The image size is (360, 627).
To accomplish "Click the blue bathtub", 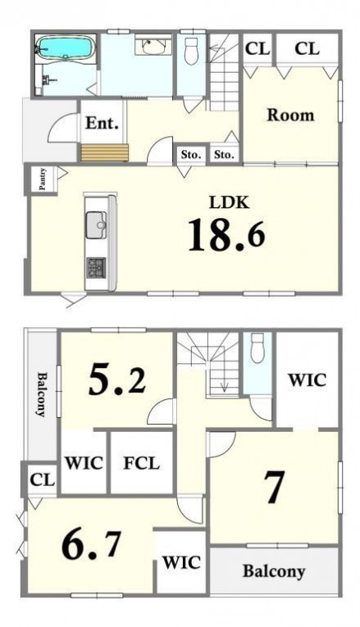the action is tap(66, 48).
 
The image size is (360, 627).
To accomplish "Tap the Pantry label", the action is tap(43, 179).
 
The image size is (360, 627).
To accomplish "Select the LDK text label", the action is tap(229, 202).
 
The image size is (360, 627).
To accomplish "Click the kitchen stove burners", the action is tap(96, 267).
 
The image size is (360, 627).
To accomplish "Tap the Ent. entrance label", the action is tap(102, 123).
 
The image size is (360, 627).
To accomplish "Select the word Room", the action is tap(290, 116).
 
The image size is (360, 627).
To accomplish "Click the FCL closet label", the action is tap(141, 463).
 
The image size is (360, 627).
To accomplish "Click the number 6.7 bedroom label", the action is tap(91, 545).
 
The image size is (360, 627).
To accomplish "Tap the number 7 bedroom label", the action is tap(274, 487).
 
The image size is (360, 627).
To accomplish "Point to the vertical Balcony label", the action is tap(41, 394).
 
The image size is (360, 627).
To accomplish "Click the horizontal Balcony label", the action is tap(274, 571).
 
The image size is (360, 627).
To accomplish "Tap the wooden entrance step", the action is tap(105, 152).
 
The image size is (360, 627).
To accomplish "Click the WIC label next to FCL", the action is tap(84, 463).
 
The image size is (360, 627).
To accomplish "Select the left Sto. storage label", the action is tap(191, 154).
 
